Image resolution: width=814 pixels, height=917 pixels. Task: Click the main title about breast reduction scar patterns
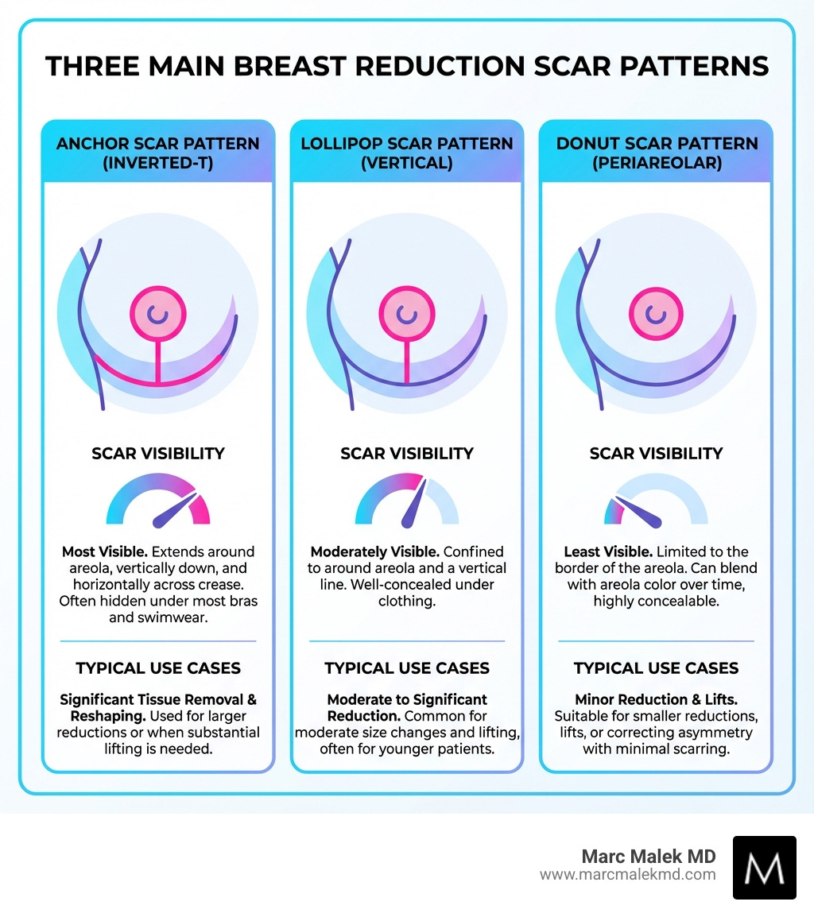pyautogui.click(x=407, y=65)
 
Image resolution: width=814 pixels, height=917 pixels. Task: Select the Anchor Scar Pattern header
pyautogui.click(x=158, y=153)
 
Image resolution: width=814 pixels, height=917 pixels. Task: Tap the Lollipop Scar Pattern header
pyautogui.click(x=407, y=153)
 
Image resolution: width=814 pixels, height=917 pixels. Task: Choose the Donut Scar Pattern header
pyautogui.click(x=657, y=153)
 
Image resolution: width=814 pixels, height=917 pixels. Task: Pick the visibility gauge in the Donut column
pyautogui.click(x=656, y=505)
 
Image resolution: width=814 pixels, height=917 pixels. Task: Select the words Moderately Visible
pyautogui.click(x=374, y=551)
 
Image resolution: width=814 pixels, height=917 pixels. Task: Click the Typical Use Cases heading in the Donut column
pyautogui.click(x=657, y=668)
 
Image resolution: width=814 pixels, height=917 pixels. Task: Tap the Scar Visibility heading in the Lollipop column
pyautogui.click(x=407, y=454)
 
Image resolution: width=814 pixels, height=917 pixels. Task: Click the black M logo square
pyautogui.click(x=764, y=867)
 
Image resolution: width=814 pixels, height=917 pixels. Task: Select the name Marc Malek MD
pyautogui.click(x=649, y=857)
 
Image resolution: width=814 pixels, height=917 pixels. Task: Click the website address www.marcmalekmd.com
pyautogui.click(x=627, y=875)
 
